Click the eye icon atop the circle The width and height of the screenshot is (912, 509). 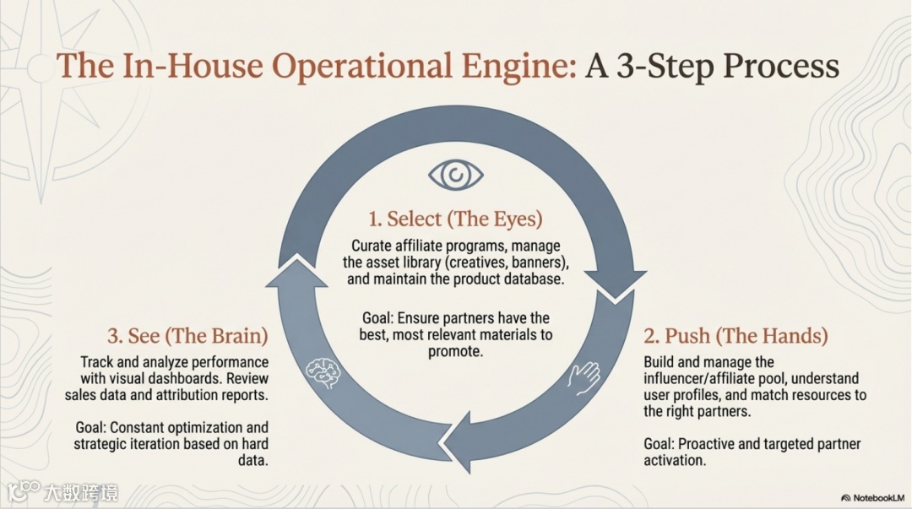[x=456, y=175]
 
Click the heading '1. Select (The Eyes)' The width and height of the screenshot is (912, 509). [x=455, y=219]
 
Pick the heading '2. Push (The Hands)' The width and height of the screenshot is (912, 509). [x=736, y=335]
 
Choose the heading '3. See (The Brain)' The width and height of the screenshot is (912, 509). [x=187, y=335]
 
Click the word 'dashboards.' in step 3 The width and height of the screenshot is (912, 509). [x=211, y=379]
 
